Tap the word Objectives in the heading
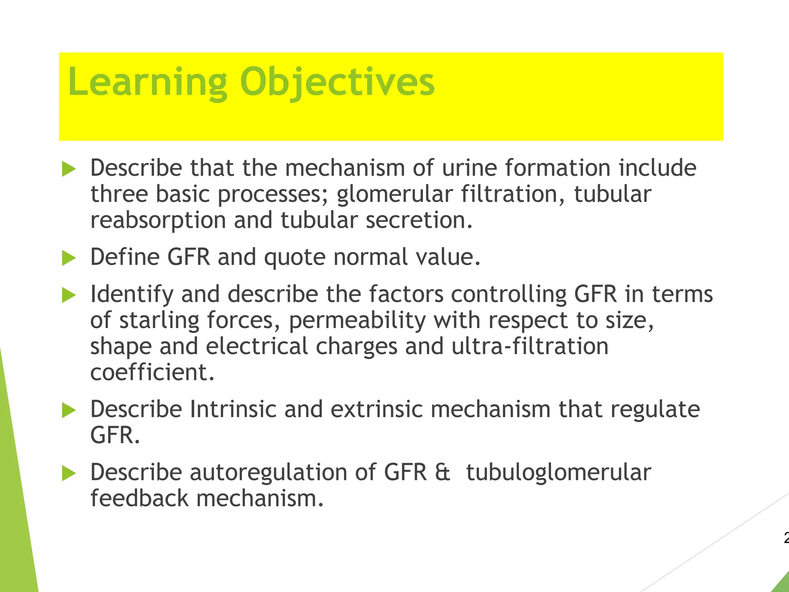click(337, 82)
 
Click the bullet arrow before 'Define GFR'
click(69, 258)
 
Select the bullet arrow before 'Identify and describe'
click(69, 295)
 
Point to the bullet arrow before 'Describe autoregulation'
click(69, 473)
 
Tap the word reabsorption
click(158, 220)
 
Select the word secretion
click(419, 220)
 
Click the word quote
click(295, 257)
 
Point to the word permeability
click(357, 321)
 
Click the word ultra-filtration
click(530, 346)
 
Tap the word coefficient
click(152, 372)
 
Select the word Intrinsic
click(233, 409)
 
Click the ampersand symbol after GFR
click(442, 473)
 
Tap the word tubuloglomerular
click(559, 473)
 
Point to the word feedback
click(139, 498)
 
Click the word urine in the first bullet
click(469, 168)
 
